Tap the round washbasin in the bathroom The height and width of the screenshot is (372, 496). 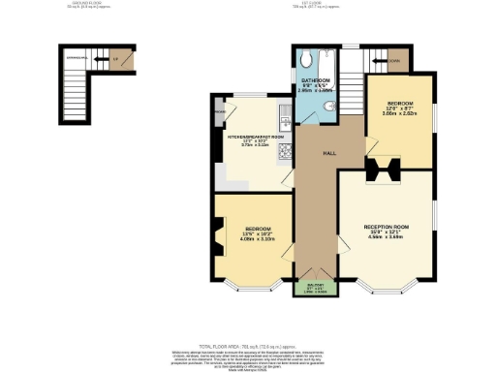coord(330,104)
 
